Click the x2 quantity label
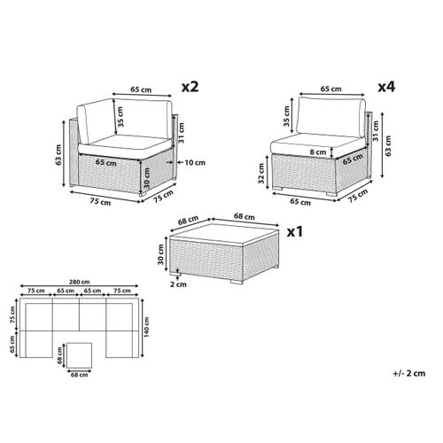click(190, 87)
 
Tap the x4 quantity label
click(386, 87)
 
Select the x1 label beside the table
click(295, 232)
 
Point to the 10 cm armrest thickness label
click(195, 162)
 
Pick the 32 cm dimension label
click(261, 174)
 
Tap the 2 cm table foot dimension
click(178, 284)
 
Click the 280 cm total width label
click(80, 282)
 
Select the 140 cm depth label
click(147, 327)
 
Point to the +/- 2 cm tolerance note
click(409, 373)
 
